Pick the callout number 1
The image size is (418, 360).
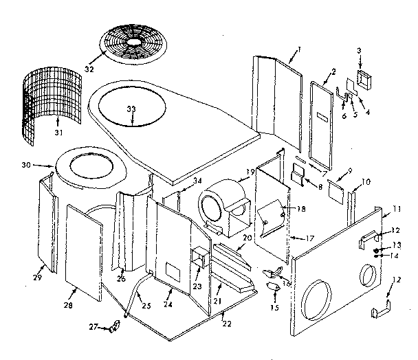(300, 50)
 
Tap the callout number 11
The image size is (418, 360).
(397, 207)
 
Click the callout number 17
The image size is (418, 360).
(309, 238)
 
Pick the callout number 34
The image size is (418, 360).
(197, 181)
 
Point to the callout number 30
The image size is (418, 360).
(45, 165)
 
